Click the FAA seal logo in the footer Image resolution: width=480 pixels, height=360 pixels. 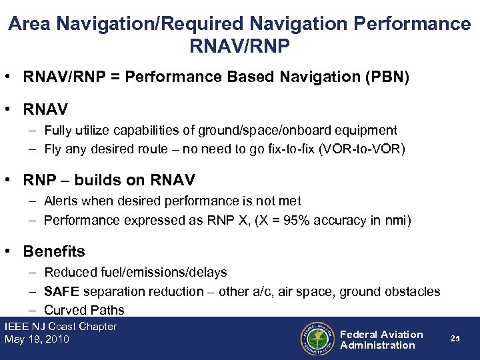click(x=317, y=339)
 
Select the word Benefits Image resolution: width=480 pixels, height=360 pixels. click(x=54, y=251)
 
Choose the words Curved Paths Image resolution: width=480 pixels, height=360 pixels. click(x=84, y=310)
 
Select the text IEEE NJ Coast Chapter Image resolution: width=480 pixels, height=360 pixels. click(x=61, y=327)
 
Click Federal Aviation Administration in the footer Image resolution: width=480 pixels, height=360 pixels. click(x=381, y=339)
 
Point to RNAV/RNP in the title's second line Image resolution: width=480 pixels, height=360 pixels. click(x=239, y=49)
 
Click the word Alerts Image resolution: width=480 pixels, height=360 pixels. click(x=61, y=201)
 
